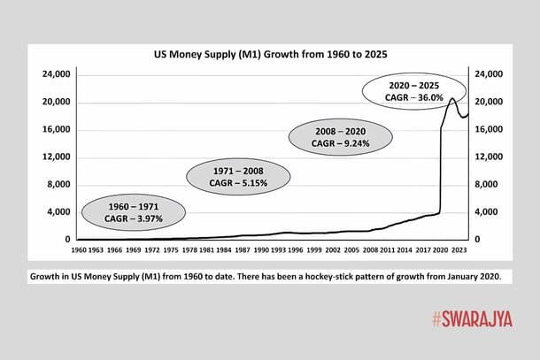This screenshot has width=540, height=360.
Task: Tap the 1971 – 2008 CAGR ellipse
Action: (239, 176)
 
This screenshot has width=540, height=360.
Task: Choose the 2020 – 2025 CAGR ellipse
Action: (414, 93)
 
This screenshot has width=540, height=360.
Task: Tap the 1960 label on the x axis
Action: (79, 251)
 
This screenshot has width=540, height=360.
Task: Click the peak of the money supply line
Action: (453, 98)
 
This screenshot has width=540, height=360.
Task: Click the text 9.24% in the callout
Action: (361, 142)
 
